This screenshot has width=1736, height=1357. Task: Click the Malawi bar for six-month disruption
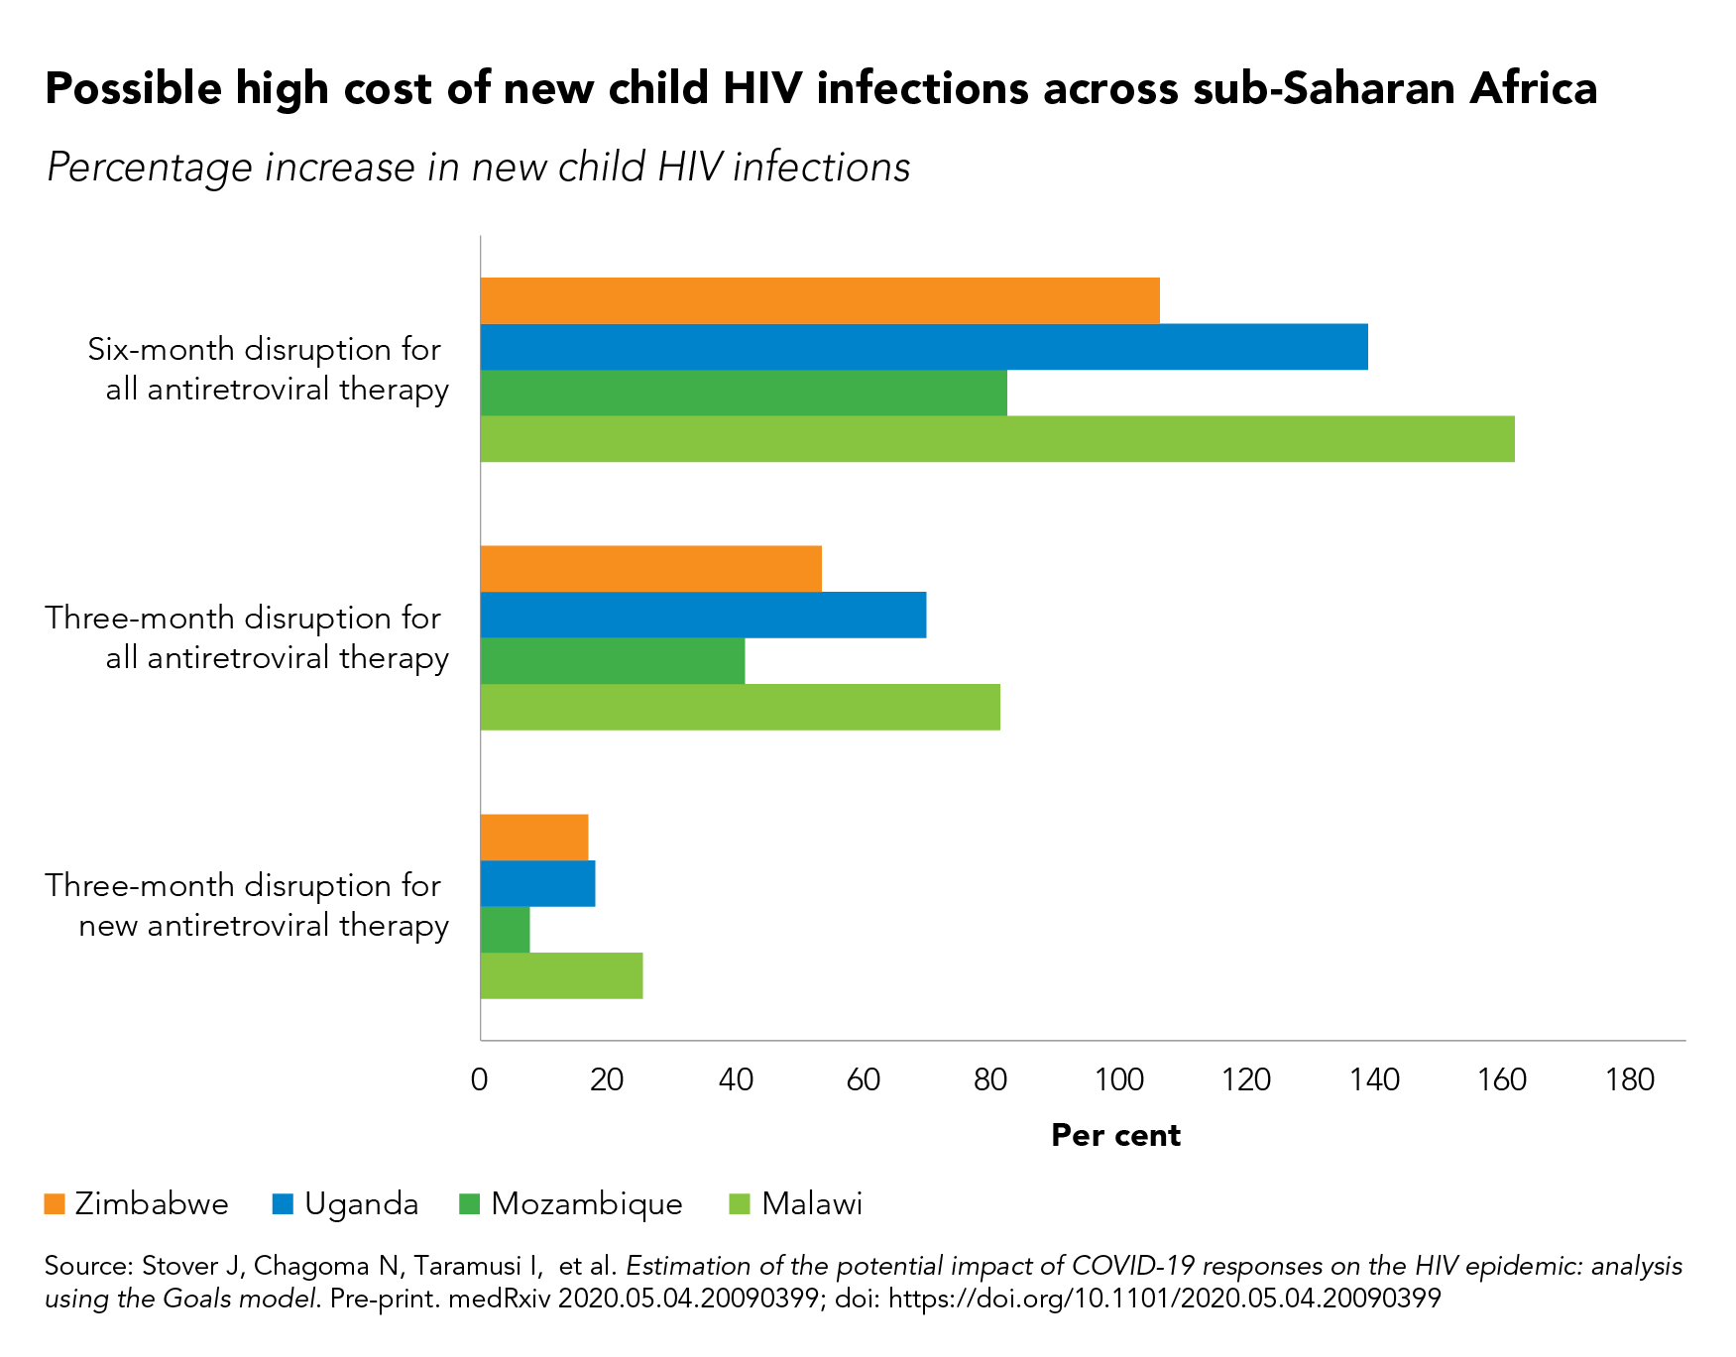pyautogui.click(x=996, y=439)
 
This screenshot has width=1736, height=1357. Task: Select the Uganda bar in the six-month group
pyautogui.click(x=923, y=347)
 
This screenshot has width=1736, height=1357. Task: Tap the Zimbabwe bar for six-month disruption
pyautogui.click(x=819, y=300)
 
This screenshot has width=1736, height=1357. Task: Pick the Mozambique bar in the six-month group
pyautogui.click(x=743, y=393)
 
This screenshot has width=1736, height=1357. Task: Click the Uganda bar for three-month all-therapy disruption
pyautogui.click(x=703, y=616)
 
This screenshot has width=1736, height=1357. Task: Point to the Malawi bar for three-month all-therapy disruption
pyautogui.click(x=740, y=708)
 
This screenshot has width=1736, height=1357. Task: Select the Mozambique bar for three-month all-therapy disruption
pyautogui.click(x=612, y=661)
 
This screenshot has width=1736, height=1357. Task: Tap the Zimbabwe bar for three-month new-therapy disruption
pyautogui.click(x=533, y=838)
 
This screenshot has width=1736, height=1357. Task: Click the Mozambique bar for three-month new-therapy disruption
pyautogui.click(x=505, y=930)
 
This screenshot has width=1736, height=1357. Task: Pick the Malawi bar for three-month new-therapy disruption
pyautogui.click(x=561, y=976)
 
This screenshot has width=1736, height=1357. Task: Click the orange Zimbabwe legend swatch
pyautogui.click(x=55, y=1204)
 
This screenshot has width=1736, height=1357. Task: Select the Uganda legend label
pyautogui.click(x=361, y=1204)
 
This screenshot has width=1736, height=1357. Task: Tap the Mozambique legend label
pyautogui.click(x=587, y=1204)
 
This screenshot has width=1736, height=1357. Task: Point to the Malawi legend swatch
pyautogui.click(x=740, y=1204)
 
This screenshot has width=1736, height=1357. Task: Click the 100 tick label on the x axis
pyautogui.click(x=1118, y=1079)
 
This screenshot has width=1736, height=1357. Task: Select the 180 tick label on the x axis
pyautogui.click(x=1629, y=1079)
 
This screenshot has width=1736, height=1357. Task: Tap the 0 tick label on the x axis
pyautogui.click(x=480, y=1079)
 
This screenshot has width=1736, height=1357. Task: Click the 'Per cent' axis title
pyautogui.click(x=1115, y=1136)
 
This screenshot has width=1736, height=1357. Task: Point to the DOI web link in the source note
pyautogui.click(x=1164, y=1299)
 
